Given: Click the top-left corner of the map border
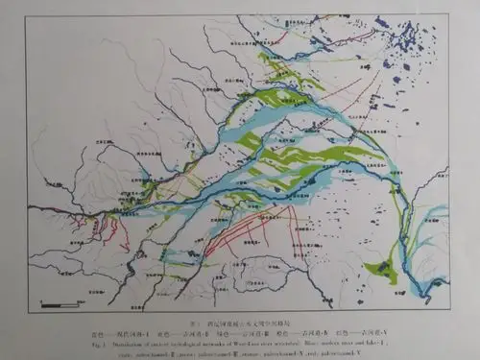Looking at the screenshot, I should (x=28, y=15).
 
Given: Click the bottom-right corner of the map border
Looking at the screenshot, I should (x=450, y=312).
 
